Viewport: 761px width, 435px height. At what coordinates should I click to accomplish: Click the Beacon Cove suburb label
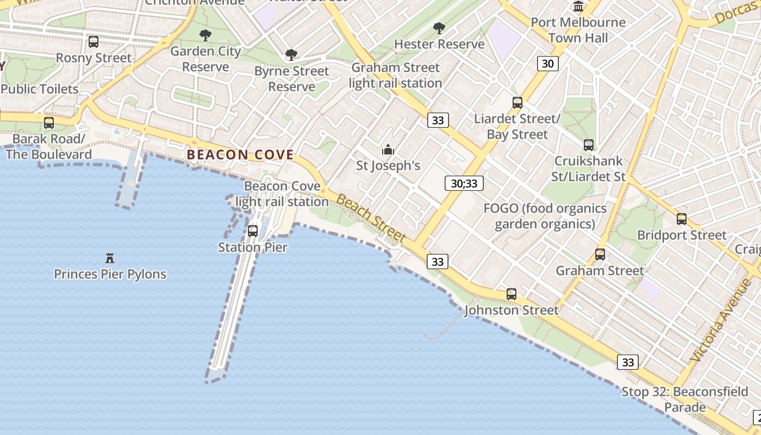click(240, 154)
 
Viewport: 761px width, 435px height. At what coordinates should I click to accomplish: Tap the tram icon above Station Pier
click(253, 231)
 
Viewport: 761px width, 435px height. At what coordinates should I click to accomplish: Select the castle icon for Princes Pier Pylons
click(110, 258)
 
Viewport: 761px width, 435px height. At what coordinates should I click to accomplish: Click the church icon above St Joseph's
click(388, 149)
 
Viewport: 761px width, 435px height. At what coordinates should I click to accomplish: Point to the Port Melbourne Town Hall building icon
click(578, 7)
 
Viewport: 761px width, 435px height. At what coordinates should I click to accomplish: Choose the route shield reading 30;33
click(464, 183)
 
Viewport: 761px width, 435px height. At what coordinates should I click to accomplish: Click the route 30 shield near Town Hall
click(547, 64)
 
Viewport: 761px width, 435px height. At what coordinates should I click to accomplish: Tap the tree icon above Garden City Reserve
click(205, 36)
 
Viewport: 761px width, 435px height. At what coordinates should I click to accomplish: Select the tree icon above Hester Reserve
click(439, 28)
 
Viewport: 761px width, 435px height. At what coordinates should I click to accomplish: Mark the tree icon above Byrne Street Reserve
click(291, 55)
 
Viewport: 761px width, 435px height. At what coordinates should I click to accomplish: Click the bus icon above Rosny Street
click(93, 42)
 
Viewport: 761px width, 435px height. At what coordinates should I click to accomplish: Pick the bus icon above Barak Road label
click(49, 123)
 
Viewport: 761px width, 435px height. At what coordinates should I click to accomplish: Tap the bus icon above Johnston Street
click(512, 294)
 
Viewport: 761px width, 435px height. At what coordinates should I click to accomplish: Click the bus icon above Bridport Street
click(682, 219)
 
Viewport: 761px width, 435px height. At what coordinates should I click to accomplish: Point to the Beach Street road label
click(371, 217)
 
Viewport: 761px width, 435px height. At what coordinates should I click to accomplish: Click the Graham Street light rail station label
click(395, 76)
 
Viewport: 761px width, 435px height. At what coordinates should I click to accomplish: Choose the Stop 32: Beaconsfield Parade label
click(684, 399)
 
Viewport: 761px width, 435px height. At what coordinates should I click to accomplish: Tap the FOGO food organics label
click(545, 216)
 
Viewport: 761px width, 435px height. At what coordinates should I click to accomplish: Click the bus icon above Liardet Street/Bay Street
click(517, 103)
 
